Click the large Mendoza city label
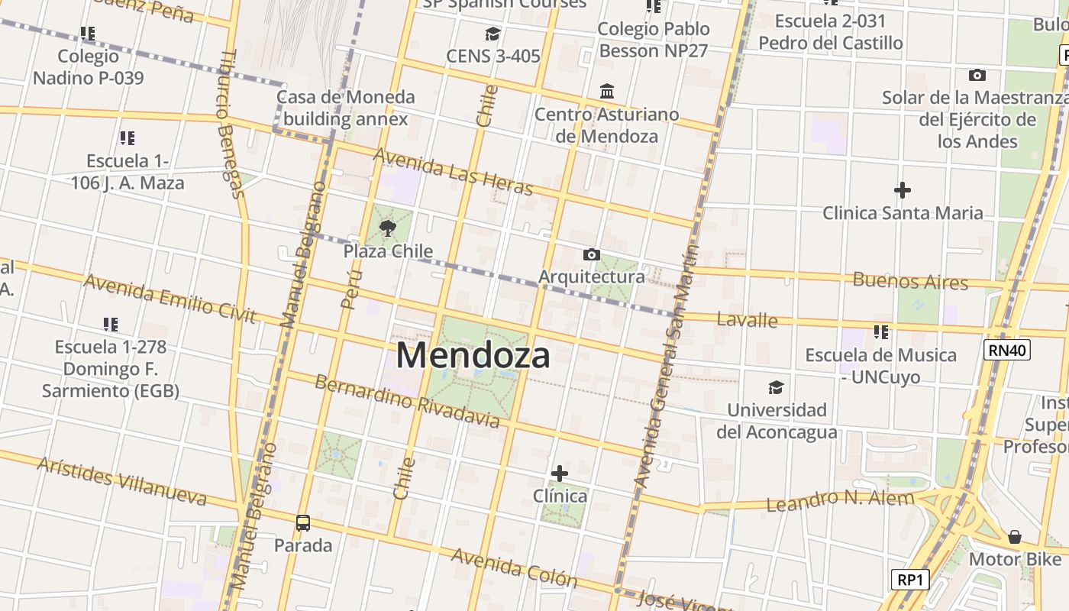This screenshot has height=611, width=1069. coord(473,356)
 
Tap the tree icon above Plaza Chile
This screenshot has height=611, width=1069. coord(388,228)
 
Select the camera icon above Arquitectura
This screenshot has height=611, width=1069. coord(591,254)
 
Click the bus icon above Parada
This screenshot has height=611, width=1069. coord(303,523)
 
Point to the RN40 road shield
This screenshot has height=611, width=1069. coord(1006,350)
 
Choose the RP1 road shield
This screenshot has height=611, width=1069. coord(910,580)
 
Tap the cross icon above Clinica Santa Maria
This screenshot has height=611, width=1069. coord(903,189)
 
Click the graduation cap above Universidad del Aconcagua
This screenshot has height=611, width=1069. coord(776,387)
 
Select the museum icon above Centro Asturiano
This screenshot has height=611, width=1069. coord(607,92)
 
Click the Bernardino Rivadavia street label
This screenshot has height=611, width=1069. coord(407,402)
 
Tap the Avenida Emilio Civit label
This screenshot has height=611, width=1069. coord(170,299)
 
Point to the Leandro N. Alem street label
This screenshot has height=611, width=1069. coord(840,501)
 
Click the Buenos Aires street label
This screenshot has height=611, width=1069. coord(910,280)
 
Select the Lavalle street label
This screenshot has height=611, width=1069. coord(748,319)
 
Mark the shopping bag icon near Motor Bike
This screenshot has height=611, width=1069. coord(1014,537)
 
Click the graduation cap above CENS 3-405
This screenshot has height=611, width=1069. coord(493,34)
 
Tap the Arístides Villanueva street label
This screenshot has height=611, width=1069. coord(122,481)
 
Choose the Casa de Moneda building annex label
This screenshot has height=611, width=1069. coord(346,108)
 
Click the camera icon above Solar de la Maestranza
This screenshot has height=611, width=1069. coord(977,75)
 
